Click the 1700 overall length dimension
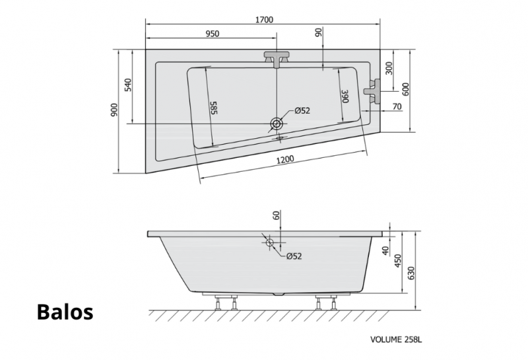tap(265, 20)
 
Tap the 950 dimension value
tap(212, 34)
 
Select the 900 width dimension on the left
tap(114, 110)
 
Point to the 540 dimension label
tap(128, 85)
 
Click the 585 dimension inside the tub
tap(214, 108)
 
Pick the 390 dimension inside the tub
tap(345, 96)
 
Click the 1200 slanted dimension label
tap(285, 159)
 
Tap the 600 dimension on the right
tap(405, 89)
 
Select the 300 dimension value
tap(389, 69)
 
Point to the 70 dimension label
tap(397, 106)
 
